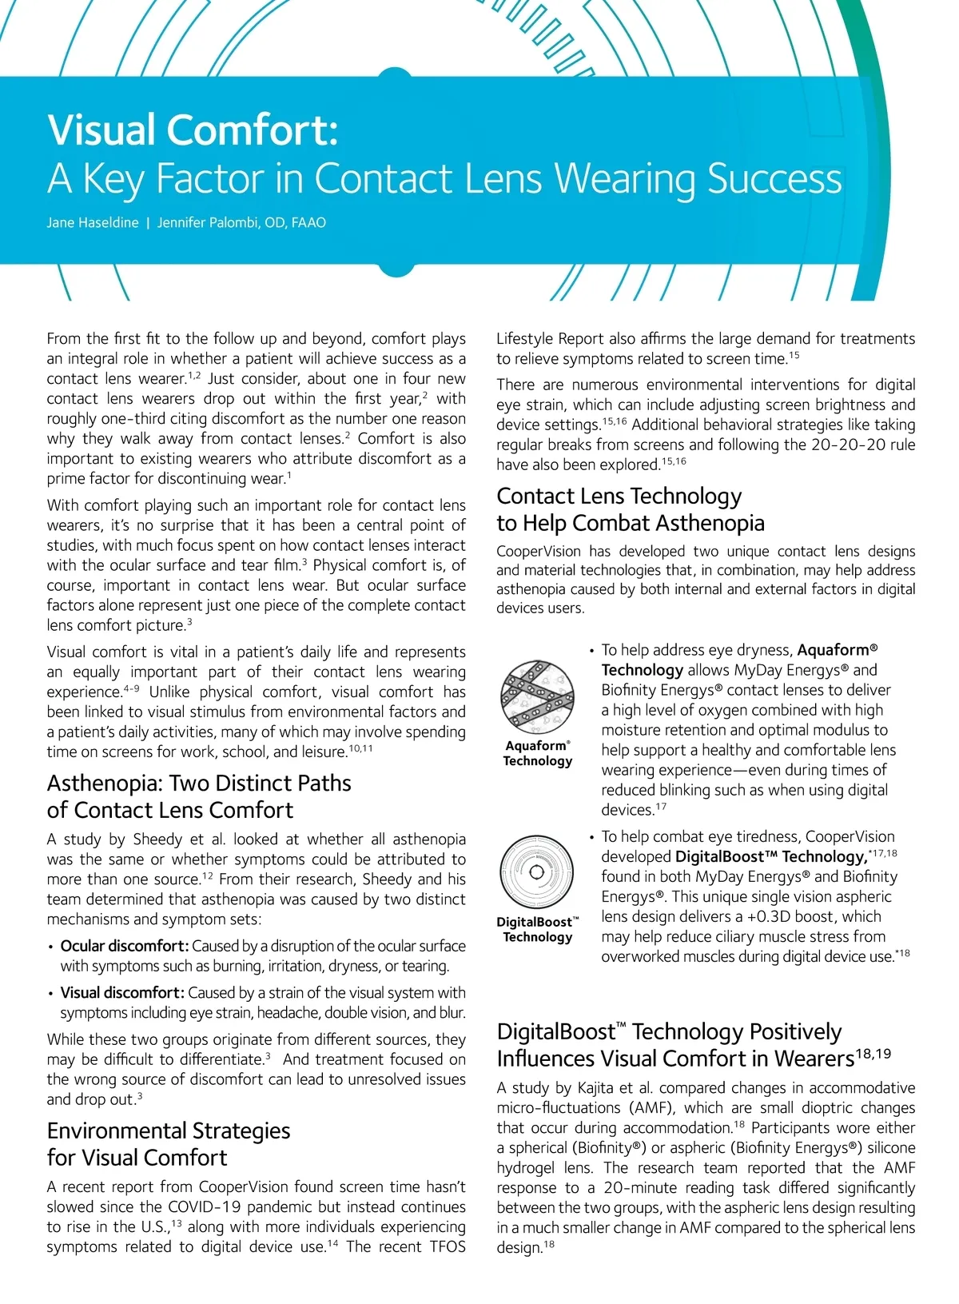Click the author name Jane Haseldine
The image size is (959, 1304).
tap(93, 223)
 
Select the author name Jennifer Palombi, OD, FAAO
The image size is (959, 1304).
tap(241, 223)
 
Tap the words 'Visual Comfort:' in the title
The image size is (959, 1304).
tap(193, 130)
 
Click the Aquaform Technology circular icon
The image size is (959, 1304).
tap(537, 695)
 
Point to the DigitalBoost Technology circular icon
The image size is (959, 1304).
tap(537, 871)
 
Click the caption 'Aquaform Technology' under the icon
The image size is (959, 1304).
tap(538, 753)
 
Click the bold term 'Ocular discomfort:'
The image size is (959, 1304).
tap(125, 946)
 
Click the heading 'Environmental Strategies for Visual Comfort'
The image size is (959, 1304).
tap(169, 1144)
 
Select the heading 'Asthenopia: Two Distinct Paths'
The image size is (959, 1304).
tap(199, 784)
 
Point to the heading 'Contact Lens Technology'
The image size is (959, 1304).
tap(619, 496)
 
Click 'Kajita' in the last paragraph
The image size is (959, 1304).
tap(596, 1088)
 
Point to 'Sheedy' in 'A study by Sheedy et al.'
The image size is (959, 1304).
tap(157, 839)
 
